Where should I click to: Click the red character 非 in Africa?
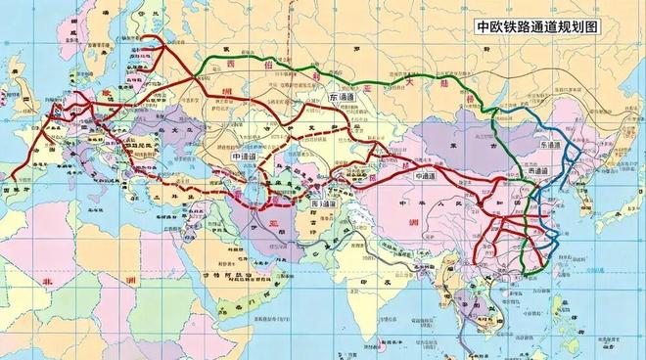pos(47,281)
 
